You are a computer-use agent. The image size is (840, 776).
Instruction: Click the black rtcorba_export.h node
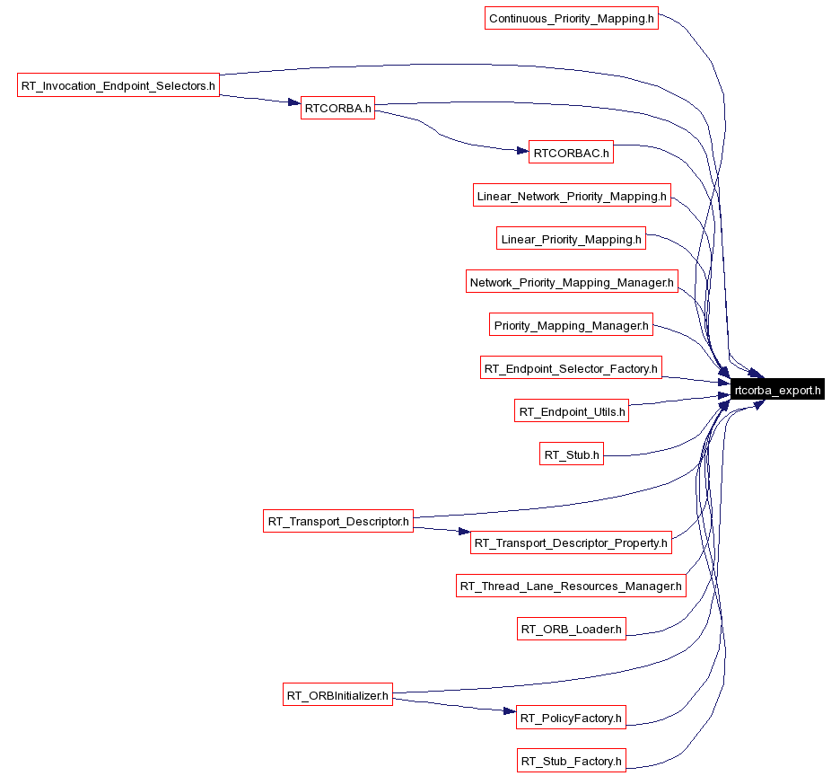click(x=777, y=390)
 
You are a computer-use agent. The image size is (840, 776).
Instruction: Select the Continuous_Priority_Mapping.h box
click(x=571, y=18)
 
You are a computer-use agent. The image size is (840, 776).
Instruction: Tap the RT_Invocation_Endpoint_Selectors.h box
click(x=118, y=85)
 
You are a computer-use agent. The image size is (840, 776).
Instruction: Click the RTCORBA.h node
click(x=337, y=108)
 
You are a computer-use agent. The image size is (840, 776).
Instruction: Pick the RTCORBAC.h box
click(x=571, y=153)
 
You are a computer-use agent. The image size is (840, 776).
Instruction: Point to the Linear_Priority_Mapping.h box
click(x=571, y=239)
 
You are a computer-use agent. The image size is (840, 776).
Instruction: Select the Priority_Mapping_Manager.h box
click(x=571, y=325)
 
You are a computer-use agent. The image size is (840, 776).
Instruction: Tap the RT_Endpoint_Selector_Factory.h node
click(x=571, y=368)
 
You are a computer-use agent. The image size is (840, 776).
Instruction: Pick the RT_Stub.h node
click(x=572, y=454)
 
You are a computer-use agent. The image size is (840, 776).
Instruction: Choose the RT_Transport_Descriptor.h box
click(x=338, y=521)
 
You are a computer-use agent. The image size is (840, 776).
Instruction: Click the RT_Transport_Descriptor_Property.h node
click(x=571, y=542)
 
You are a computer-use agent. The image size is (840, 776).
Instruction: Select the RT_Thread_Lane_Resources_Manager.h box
click(x=571, y=586)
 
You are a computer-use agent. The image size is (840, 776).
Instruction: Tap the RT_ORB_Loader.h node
click(x=572, y=629)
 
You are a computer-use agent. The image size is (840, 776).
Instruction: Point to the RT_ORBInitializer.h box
click(x=337, y=695)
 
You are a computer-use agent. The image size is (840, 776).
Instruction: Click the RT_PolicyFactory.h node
click(x=571, y=718)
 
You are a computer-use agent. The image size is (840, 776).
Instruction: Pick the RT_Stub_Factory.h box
click(x=572, y=761)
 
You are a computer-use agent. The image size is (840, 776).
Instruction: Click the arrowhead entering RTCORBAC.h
click(x=522, y=151)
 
